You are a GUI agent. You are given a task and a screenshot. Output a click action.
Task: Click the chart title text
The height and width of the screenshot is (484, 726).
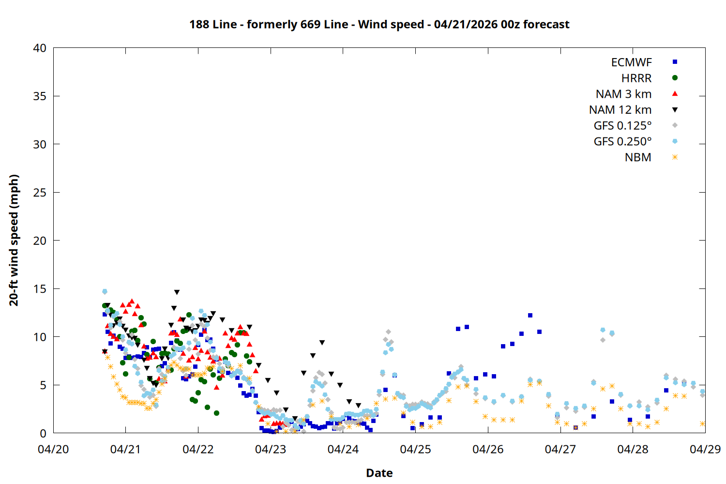pyautogui.click(x=379, y=24)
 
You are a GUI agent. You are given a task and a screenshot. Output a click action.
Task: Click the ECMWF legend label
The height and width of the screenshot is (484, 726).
pyautogui.click(x=631, y=62)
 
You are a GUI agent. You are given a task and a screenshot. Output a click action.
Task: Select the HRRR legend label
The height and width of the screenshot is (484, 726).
pyautogui.click(x=636, y=78)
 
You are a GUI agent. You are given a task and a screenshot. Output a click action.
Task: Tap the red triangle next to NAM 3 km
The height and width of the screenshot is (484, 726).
pyautogui.click(x=675, y=93)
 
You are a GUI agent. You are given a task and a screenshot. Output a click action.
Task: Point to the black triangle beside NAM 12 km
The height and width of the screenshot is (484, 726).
pyautogui.click(x=675, y=110)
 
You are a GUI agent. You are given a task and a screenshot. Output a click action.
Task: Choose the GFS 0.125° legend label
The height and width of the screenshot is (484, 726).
pyautogui.click(x=622, y=126)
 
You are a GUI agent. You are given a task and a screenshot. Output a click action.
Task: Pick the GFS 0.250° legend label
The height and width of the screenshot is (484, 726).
pyautogui.click(x=622, y=142)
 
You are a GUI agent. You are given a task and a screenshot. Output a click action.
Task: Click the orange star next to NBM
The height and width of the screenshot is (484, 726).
pyautogui.click(x=675, y=157)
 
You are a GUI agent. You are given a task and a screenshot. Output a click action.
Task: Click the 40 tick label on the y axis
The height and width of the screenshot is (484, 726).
pyautogui.click(x=40, y=48)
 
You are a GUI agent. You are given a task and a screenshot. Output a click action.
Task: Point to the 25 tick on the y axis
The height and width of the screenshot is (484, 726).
pyautogui.click(x=40, y=193)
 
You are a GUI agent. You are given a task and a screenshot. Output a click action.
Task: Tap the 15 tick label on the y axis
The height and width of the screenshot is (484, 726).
pyautogui.click(x=40, y=289)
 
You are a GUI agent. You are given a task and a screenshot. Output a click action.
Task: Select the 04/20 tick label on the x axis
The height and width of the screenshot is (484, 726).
pyautogui.click(x=53, y=449)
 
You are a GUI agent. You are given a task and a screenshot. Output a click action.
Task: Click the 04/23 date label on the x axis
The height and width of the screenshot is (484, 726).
pyautogui.click(x=271, y=449)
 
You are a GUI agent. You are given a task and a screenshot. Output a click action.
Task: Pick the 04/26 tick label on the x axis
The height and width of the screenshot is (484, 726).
pyautogui.click(x=488, y=449)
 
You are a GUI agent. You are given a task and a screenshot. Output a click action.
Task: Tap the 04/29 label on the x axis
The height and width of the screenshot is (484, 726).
pyautogui.click(x=705, y=449)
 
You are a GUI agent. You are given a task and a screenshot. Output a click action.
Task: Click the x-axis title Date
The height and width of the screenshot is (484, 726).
pyautogui.click(x=379, y=473)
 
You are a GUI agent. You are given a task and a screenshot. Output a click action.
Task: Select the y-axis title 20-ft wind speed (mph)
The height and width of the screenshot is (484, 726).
pyautogui.click(x=14, y=240)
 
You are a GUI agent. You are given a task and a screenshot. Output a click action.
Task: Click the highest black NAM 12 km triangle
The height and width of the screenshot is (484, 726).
pyautogui.click(x=177, y=292)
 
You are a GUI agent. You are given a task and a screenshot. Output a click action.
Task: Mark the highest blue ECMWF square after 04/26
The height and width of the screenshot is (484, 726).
pyautogui.click(x=530, y=315)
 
